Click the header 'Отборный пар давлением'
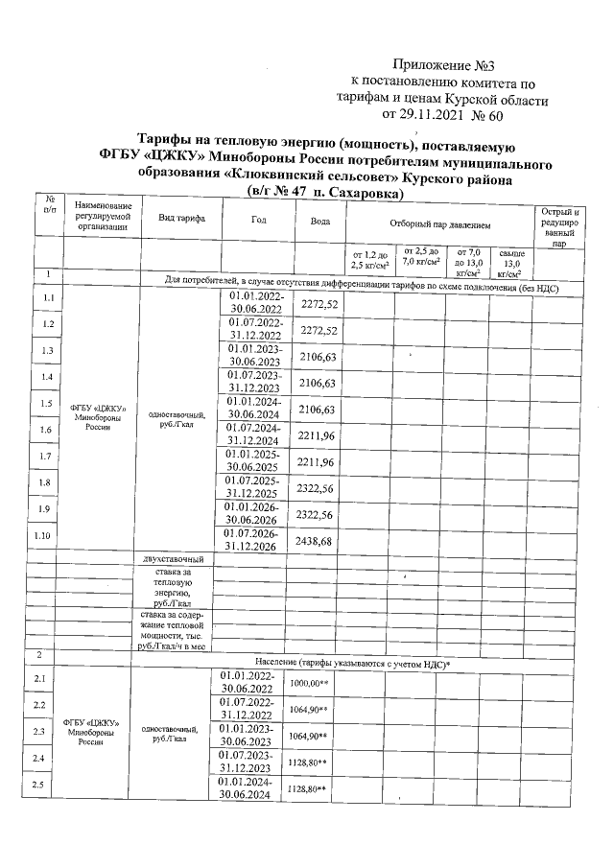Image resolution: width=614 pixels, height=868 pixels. tap(440, 224)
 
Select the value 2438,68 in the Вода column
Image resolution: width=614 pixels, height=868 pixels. tap(319, 542)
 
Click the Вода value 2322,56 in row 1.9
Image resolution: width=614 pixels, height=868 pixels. tap(319, 514)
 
